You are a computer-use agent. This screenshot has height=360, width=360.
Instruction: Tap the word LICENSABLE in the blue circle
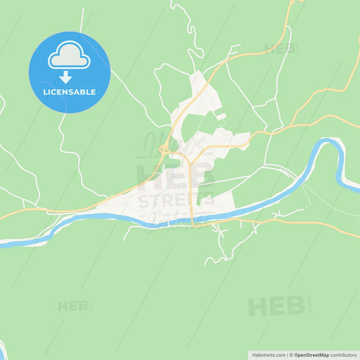pos(69,92)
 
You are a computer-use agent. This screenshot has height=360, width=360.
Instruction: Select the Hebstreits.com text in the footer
pos(268,354)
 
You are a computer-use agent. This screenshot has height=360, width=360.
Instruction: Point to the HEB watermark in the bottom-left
pos(73,306)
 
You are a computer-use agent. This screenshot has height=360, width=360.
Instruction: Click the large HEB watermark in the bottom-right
pos(277,306)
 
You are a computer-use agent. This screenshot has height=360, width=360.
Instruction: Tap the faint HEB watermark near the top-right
pos(280,49)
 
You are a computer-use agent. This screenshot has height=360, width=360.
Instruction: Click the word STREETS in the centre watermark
pos(176,200)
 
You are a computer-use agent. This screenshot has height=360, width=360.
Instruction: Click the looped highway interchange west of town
pos(163,149)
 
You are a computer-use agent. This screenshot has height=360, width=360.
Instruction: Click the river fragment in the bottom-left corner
pos(2,350)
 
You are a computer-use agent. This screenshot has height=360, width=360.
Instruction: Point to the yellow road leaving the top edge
pos(291,3)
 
